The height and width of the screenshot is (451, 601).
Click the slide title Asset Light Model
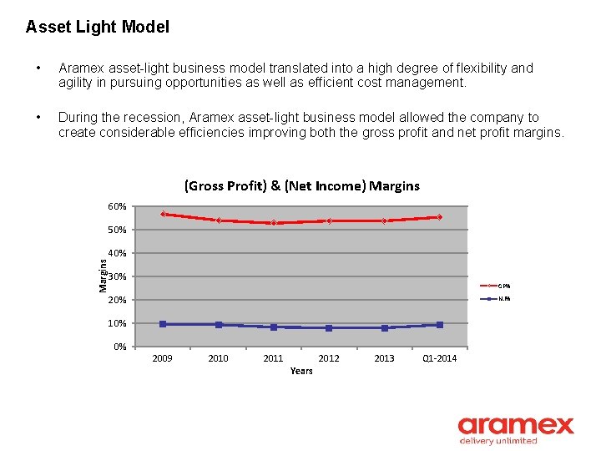tap(97, 27)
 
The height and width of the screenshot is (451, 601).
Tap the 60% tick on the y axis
tap(117, 206)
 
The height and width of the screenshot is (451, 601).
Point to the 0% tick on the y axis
tap(120, 347)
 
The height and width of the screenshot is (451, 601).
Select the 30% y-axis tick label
tap(118, 276)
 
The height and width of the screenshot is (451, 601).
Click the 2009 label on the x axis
tap(163, 358)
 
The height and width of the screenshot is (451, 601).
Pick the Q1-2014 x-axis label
tap(440, 358)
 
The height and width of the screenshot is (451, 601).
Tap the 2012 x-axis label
tap(329, 358)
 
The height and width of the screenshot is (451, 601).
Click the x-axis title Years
tap(301, 371)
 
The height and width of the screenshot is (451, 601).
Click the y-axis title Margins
tap(103, 275)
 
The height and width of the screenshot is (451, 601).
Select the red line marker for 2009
tap(163, 214)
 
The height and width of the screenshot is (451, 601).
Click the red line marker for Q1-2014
tap(440, 217)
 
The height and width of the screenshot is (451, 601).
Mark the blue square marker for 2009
tap(163, 324)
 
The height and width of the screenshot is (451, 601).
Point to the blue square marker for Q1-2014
tap(440, 325)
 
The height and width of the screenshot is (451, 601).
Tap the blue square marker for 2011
tap(274, 327)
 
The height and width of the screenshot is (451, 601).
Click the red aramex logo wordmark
tap(516, 426)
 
